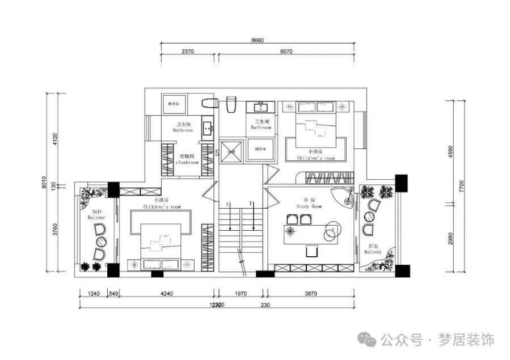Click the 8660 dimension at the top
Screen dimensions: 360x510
pyautogui.click(x=258, y=40)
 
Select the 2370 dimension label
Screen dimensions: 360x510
pyautogui.click(x=188, y=51)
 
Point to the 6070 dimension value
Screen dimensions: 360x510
pyautogui.click(x=286, y=51)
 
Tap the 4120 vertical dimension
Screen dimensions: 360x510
pyautogui.click(x=54, y=139)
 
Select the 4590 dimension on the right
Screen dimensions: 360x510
pyautogui.click(x=451, y=151)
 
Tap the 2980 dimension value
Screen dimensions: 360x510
pyautogui.click(x=451, y=238)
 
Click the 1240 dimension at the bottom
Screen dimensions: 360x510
pyautogui.click(x=94, y=294)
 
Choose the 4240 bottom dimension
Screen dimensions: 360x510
pyautogui.click(x=167, y=294)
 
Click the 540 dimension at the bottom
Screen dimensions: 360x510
pyautogui.click(x=113, y=294)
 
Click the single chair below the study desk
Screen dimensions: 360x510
pyautogui.click(x=311, y=250)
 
